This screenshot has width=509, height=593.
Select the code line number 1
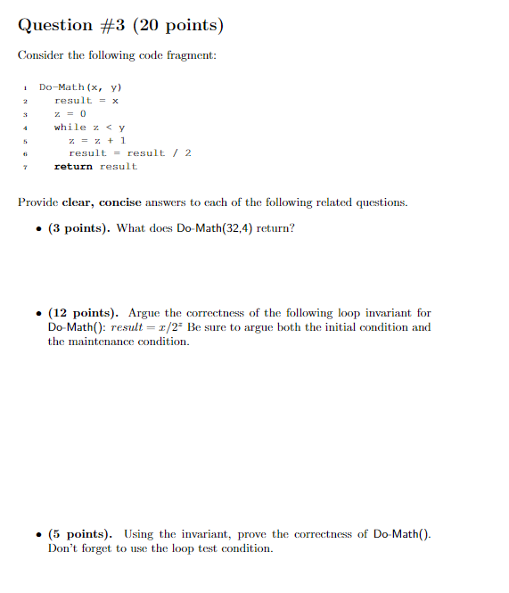[27, 87]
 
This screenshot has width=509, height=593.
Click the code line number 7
[27, 167]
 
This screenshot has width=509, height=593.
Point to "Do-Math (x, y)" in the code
[80, 87]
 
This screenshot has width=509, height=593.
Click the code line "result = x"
[86, 101]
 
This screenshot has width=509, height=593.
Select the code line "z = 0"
[70, 114]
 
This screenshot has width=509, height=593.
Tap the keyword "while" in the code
[70, 128]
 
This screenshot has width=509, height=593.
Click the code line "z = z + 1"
[97, 140]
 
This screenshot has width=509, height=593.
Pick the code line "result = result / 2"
[130, 153]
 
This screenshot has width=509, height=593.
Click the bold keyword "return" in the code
[73, 167]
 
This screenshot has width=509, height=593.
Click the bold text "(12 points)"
[83, 313]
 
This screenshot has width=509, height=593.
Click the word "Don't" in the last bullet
[64, 548]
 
